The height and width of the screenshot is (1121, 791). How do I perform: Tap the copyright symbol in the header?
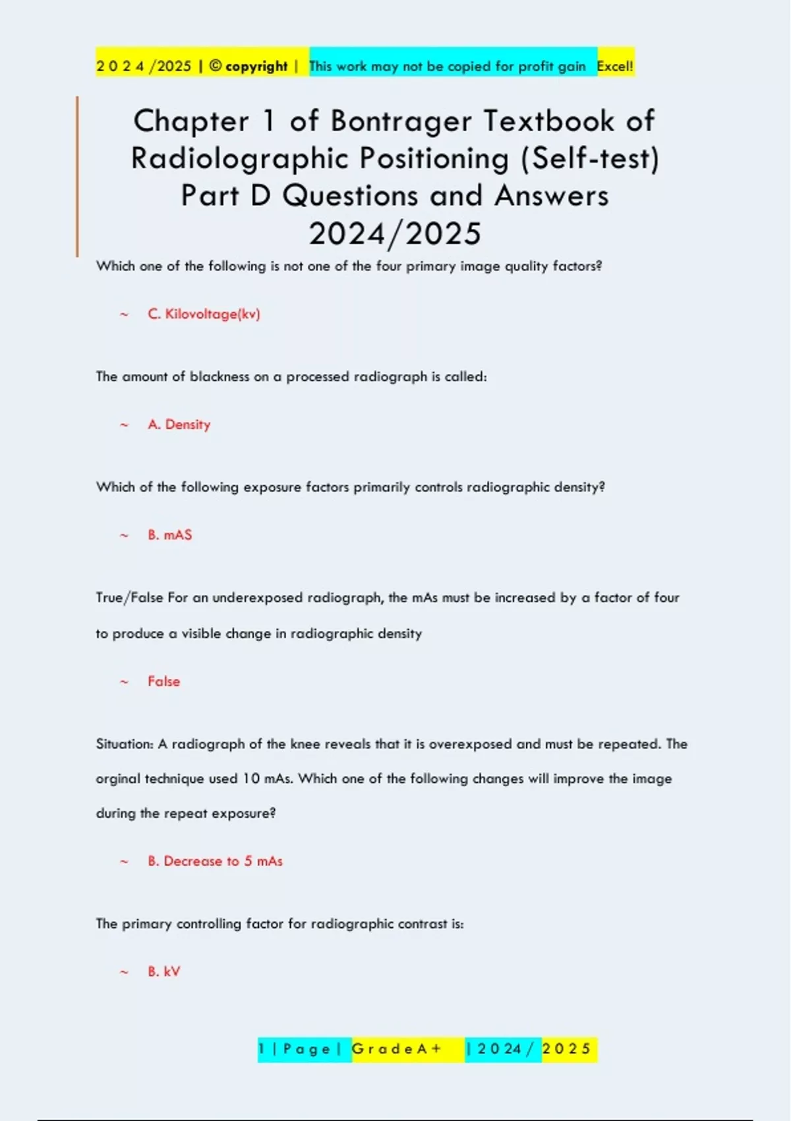pos(216,66)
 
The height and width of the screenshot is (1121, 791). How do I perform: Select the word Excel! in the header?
pos(615,66)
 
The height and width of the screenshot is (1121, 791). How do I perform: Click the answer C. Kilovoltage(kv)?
pos(204,314)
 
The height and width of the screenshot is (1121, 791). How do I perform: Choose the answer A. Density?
pos(179,425)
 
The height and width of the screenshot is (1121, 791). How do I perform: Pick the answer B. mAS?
pos(169,535)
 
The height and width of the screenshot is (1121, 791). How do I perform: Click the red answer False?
pos(163,681)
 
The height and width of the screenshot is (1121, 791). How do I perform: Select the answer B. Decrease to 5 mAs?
pos(215,861)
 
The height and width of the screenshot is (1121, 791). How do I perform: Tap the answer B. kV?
pos(163,971)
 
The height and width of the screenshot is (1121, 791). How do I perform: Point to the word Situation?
pos(125,744)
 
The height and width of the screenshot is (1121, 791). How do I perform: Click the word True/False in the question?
pos(129,597)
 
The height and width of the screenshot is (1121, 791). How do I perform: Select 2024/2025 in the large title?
pos(395,234)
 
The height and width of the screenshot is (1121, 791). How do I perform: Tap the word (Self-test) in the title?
pos(590,159)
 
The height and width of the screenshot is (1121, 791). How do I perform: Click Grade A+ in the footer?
pos(397,1048)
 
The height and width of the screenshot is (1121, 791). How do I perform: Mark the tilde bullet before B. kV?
pos(124,972)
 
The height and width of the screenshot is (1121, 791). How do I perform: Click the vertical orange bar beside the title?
pos(77,177)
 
